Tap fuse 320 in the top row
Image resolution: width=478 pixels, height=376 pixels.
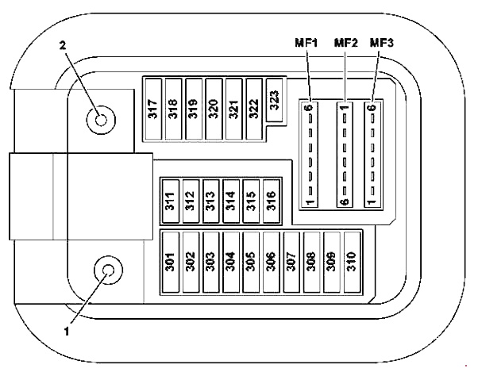point(214,108)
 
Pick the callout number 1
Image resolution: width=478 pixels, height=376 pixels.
point(67,332)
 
